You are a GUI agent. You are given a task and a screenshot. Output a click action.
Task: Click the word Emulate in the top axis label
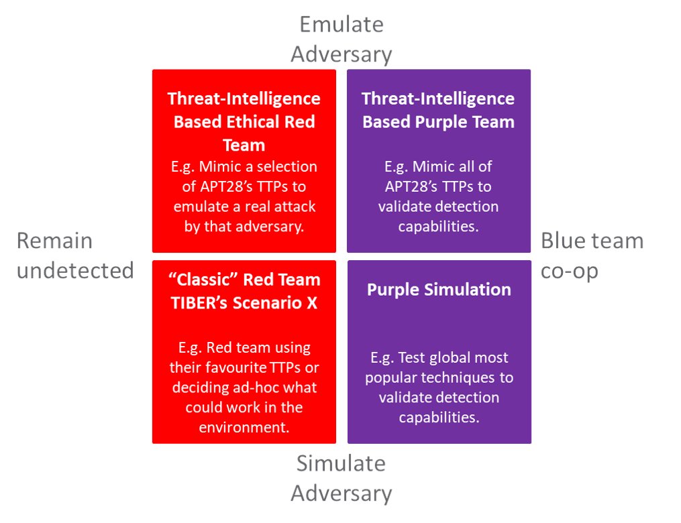[x=341, y=25]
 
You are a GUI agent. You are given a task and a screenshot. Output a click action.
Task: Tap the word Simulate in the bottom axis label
[x=341, y=463]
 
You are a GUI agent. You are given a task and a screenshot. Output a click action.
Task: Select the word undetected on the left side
[x=75, y=270]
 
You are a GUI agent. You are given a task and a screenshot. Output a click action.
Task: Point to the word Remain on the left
[x=54, y=241]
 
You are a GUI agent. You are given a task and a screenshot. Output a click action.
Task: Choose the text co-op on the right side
[x=569, y=270]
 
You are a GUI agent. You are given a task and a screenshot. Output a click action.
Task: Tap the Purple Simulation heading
[x=439, y=290]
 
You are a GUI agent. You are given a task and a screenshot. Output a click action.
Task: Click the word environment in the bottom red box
[x=244, y=427]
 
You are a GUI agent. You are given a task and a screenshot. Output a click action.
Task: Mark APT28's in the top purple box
[x=411, y=186]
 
